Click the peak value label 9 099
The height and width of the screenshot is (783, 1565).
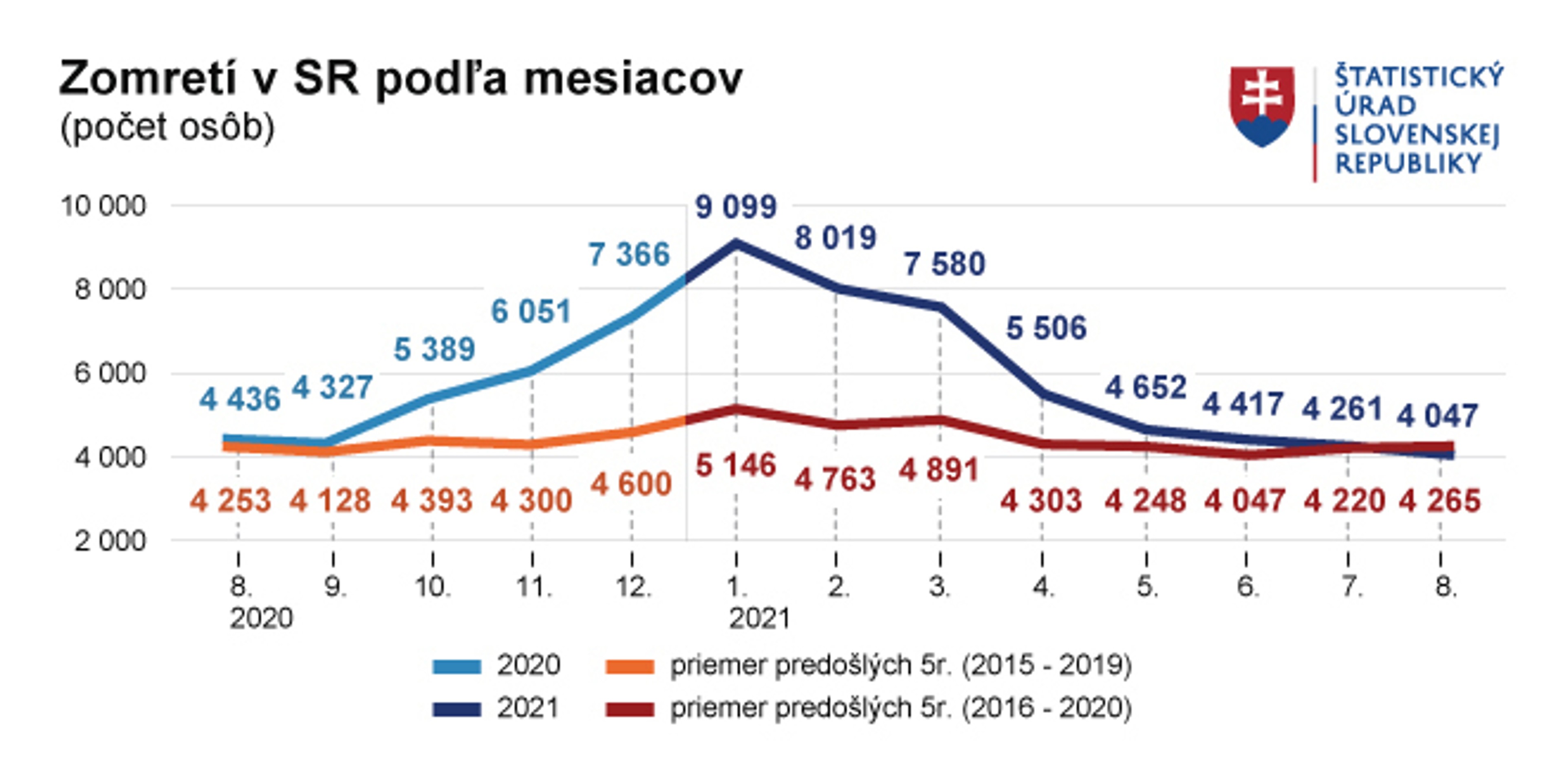pos(736,207)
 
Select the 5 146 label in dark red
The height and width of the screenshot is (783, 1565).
pos(736,466)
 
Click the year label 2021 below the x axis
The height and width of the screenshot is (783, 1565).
pos(759,619)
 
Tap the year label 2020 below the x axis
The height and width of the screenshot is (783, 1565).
pos(261,619)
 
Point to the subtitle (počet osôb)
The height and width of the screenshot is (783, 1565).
pos(168,128)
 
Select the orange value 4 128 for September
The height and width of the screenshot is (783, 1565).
pos(330,501)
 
